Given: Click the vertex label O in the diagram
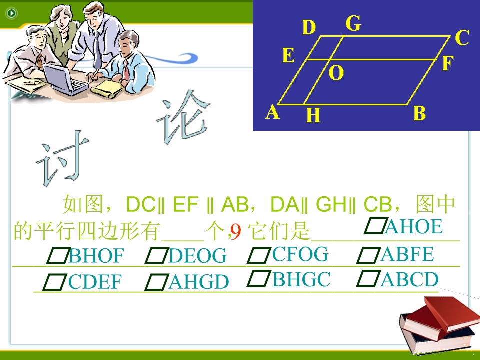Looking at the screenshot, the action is pos(336,73).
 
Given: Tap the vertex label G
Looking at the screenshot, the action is pos(353,23).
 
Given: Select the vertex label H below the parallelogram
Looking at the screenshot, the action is pos(313,115).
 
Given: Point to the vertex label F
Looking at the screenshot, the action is pos(447,63).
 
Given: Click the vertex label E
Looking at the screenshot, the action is pos(288,55).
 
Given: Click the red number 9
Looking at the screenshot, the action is pos(236,232).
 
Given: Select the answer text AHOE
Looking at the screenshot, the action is pos(414,227).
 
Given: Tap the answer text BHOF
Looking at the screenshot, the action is pos(96,256).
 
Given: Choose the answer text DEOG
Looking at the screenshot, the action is pos(198,256).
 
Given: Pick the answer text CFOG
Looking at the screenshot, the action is pos(300,254).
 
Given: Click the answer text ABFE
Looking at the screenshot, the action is pos(407,254).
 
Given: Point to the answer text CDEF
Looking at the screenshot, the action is pos(95,282).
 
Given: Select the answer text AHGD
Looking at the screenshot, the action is pos(199,282).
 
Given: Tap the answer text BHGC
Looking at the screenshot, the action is pos(301,279).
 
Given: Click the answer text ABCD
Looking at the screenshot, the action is pos(409,279).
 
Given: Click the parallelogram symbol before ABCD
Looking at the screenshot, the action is pos(368,279).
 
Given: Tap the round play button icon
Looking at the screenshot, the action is pos(12,13).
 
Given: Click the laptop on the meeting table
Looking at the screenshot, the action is pos(65,79).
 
